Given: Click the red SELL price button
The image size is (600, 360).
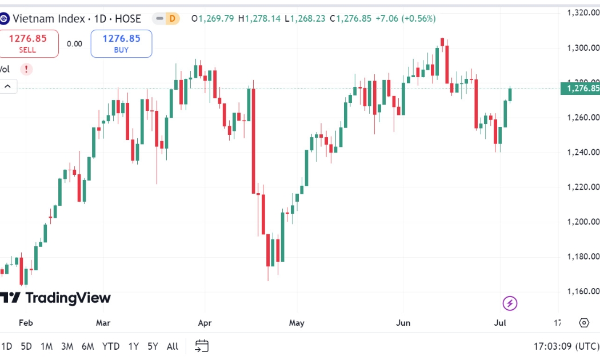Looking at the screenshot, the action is pyautogui.click(x=27, y=43).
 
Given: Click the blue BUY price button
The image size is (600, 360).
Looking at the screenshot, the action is pyautogui.click(x=121, y=43).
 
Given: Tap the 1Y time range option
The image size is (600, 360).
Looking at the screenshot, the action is pyautogui.click(x=134, y=346).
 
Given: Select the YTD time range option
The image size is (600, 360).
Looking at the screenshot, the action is pyautogui.click(x=111, y=346).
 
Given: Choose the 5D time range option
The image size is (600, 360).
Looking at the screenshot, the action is pyautogui.click(x=26, y=346).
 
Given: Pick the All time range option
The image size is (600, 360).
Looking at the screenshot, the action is pyautogui.click(x=173, y=346).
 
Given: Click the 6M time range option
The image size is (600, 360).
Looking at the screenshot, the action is pyautogui.click(x=87, y=346).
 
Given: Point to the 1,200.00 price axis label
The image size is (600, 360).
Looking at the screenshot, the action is pyautogui.click(x=583, y=222).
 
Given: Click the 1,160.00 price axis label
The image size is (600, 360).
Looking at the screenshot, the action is pyautogui.click(x=583, y=291).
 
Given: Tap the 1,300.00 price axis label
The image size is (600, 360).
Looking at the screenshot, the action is pyautogui.click(x=583, y=48).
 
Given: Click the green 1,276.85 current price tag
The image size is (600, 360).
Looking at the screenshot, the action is pyautogui.click(x=581, y=89).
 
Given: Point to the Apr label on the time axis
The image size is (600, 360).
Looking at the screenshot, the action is pyautogui.click(x=205, y=323).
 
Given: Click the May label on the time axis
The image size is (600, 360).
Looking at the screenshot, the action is pyautogui.click(x=297, y=323).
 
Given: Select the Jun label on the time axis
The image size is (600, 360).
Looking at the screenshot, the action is pyautogui.click(x=403, y=323).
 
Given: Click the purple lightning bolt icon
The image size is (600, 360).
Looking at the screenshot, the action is pyautogui.click(x=510, y=303).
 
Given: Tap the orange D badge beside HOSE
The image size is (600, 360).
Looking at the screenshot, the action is pyautogui.click(x=173, y=18).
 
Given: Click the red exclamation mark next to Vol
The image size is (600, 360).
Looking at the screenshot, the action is pyautogui.click(x=26, y=69).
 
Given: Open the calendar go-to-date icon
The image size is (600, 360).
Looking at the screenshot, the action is pyautogui.click(x=202, y=346).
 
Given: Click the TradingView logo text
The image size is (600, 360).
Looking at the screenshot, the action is pyautogui.click(x=55, y=298).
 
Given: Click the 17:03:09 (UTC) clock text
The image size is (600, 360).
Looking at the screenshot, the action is pyautogui.click(x=566, y=346).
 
